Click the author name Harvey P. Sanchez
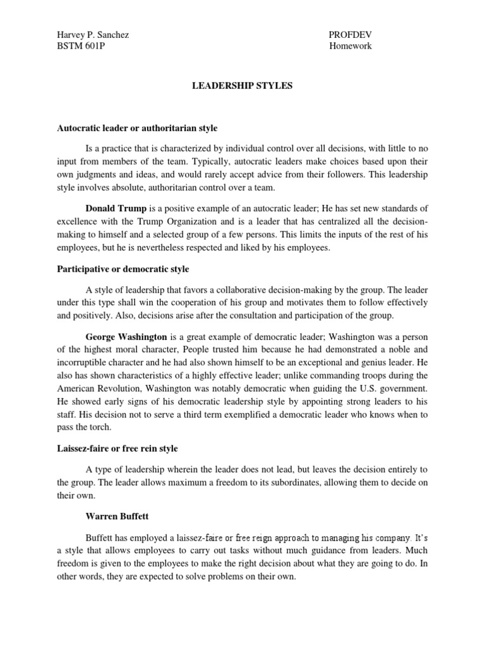(93, 34)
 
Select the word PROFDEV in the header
(347, 34)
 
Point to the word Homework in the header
(350, 46)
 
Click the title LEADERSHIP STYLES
(242, 86)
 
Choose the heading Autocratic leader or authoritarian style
(137, 128)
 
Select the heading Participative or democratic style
(123, 269)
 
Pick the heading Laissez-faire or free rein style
(117, 449)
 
